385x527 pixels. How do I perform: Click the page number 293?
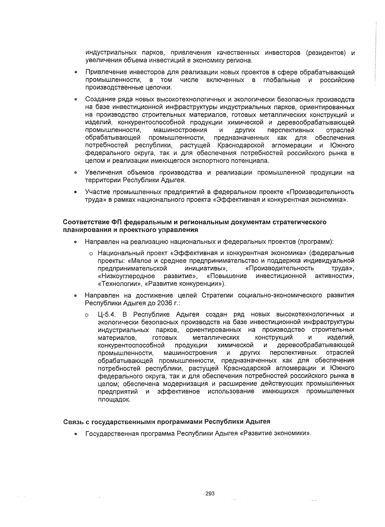[x=210, y=493]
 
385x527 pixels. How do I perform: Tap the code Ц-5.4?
[x=108, y=314]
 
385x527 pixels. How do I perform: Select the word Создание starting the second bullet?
[x=98, y=99]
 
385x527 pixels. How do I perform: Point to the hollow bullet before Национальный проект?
[x=91, y=253]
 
